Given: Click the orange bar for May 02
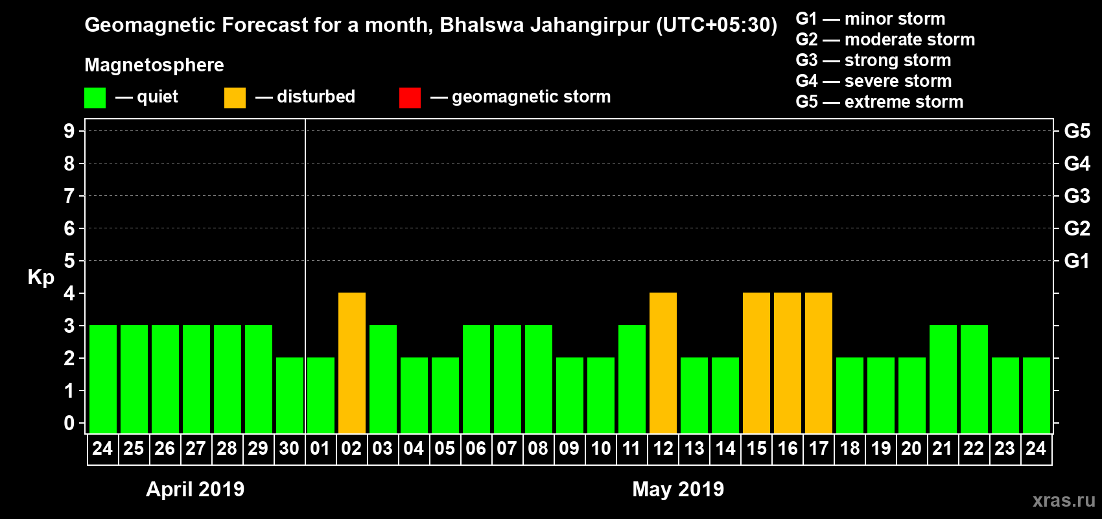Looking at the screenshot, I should [x=352, y=363].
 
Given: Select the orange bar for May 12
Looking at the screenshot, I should [x=663, y=363].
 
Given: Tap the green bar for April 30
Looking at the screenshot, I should [x=290, y=395].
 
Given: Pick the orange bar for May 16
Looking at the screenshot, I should [x=788, y=363].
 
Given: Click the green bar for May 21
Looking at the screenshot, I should [x=943, y=379].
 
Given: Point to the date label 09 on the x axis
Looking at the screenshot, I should [x=569, y=448].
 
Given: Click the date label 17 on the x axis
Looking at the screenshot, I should [x=819, y=448].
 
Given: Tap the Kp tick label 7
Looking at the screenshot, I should [x=69, y=196].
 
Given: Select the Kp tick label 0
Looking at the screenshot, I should [x=69, y=424].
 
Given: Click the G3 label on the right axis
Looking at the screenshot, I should [x=1077, y=196].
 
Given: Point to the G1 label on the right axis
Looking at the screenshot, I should [x=1077, y=261].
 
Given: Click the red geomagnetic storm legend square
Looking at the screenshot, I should [x=410, y=98].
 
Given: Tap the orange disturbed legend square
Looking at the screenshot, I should [x=235, y=98].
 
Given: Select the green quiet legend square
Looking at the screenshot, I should [x=95, y=98].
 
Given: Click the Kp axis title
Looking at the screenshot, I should [x=41, y=278].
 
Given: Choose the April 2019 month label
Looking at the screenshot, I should [x=195, y=489].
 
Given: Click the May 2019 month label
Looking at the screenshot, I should [x=678, y=489].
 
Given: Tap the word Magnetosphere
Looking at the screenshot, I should [x=154, y=65].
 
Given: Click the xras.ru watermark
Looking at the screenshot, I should [x=1064, y=500].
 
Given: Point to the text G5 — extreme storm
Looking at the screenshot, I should [x=879, y=102].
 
